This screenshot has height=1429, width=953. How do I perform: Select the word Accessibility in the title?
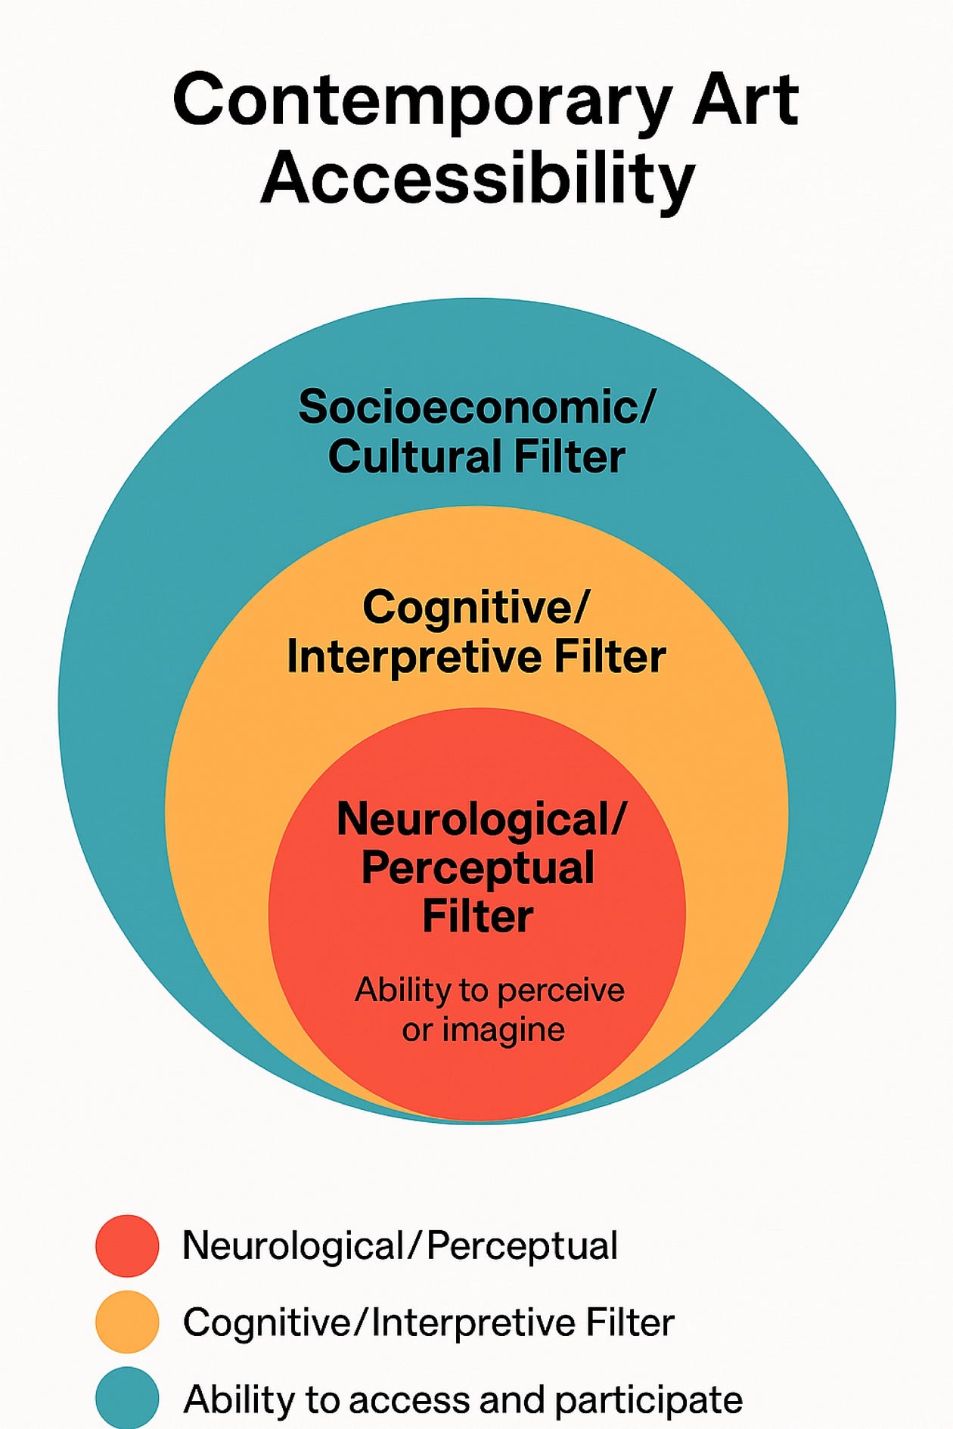click(477, 179)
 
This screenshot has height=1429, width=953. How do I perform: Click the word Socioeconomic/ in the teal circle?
click(476, 408)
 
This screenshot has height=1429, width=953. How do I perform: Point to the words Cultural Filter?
click(476, 457)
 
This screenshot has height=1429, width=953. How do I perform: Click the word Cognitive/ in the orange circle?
click(476, 607)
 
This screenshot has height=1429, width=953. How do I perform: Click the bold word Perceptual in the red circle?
click(478, 868)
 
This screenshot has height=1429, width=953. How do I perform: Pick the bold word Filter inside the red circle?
click(478, 916)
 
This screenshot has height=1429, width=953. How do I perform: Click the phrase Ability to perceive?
click(489, 990)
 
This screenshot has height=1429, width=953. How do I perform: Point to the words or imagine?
click(483, 1030)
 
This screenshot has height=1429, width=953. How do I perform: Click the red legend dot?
click(127, 1246)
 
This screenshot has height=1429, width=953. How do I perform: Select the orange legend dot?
click(127, 1322)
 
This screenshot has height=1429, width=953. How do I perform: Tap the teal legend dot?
click(127, 1397)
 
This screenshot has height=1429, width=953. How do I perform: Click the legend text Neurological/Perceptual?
click(400, 1246)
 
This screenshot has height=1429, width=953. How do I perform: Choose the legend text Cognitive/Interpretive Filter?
click(428, 1322)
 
